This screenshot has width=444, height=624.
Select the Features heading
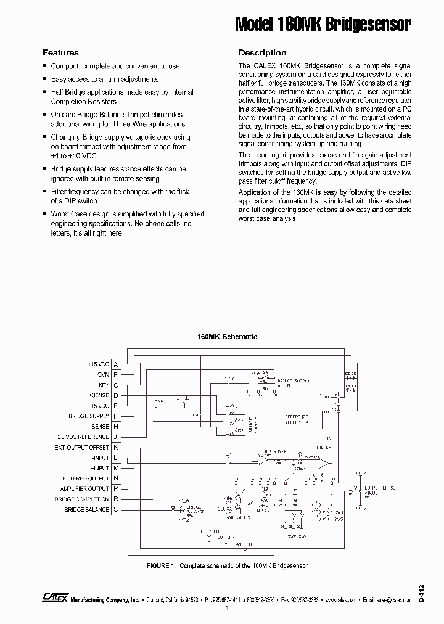point(60,53)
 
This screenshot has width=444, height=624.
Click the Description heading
point(262,53)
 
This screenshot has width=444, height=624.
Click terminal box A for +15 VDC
point(116,364)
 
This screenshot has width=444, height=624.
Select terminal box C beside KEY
point(116,385)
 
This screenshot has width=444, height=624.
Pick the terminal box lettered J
point(116,437)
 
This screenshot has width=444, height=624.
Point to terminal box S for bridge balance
point(116,510)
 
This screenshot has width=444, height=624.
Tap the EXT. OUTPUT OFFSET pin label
point(82,447)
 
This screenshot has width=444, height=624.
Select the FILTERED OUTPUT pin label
point(86,478)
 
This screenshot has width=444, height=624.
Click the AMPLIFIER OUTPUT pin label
point(86,489)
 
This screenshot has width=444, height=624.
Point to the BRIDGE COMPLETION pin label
point(82,499)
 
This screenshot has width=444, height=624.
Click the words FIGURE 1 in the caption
point(162,565)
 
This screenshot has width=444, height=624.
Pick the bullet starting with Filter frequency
point(120,196)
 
